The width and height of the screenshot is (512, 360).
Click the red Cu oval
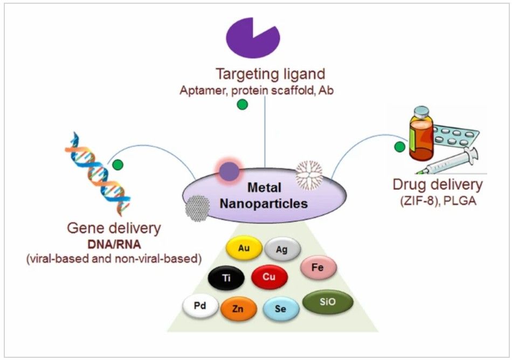[x=269, y=277]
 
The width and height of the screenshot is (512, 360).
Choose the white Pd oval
[x=200, y=306]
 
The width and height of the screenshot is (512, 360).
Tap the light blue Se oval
[x=281, y=309]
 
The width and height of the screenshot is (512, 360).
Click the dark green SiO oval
[x=328, y=302]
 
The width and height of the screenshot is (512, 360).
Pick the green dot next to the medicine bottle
[x=399, y=146]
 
